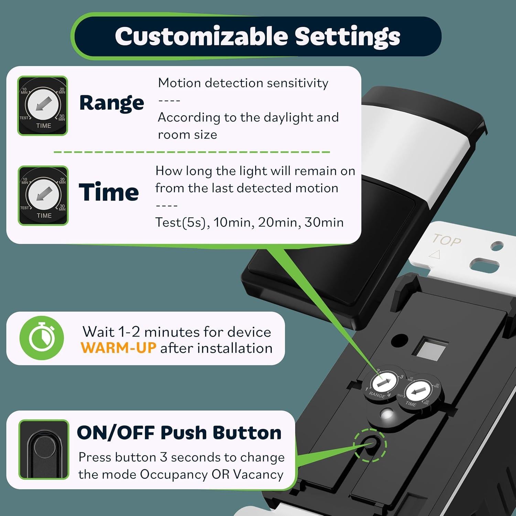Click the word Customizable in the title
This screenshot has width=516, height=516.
[x=201, y=36]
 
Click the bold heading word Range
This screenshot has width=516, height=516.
[x=111, y=103]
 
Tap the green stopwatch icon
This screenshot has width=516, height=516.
[x=42, y=338]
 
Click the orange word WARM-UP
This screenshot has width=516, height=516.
[x=118, y=348]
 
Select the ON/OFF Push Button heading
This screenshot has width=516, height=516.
[x=179, y=432]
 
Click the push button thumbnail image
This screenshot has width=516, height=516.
[x=44, y=450]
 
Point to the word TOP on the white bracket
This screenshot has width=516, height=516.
[x=447, y=240]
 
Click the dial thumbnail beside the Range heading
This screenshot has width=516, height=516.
[x=43, y=106]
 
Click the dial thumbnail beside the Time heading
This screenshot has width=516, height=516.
[x=43, y=195]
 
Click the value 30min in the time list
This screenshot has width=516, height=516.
[x=324, y=222]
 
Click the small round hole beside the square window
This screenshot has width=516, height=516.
[x=399, y=341]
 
